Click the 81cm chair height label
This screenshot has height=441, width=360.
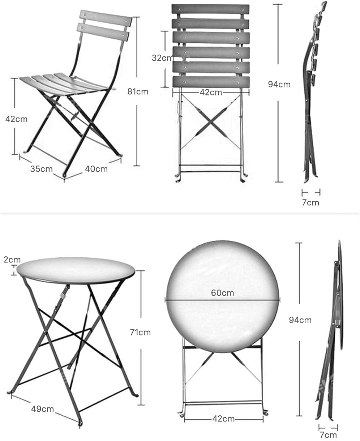[x=138, y=91]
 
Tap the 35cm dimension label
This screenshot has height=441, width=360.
[x=42, y=169]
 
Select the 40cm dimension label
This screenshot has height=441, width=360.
[x=96, y=169]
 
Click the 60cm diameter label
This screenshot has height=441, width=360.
[x=223, y=293]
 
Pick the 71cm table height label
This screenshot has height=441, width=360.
[x=140, y=332]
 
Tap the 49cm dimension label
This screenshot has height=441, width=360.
[x=42, y=409]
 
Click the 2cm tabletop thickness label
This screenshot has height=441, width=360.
[x=12, y=260]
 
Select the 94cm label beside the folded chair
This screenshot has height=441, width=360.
[x=279, y=84]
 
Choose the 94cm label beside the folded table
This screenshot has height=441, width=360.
[x=300, y=320]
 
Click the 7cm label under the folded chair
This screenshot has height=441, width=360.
[x=310, y=202]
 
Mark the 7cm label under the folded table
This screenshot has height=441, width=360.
[x=328, y=435]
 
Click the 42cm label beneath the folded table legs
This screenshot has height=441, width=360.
[x=223, y=419]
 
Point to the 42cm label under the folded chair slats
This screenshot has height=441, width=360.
[x=211, y=93]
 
